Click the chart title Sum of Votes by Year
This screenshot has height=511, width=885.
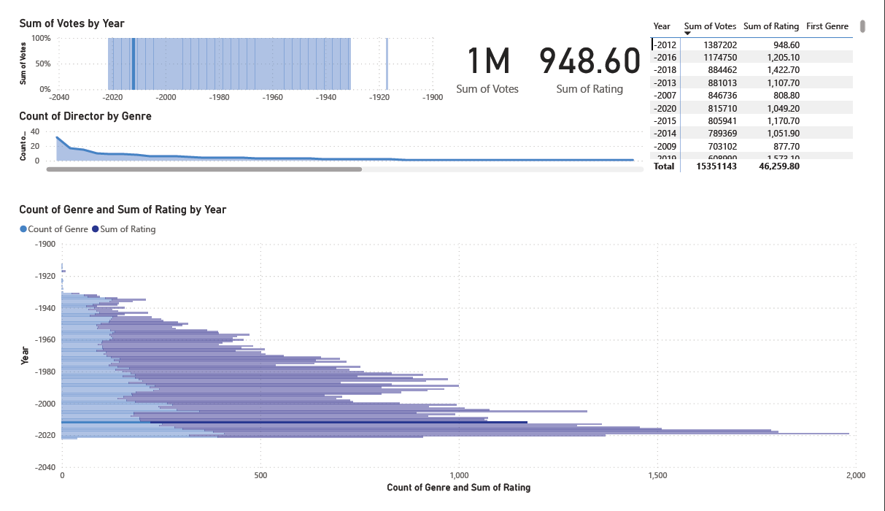tap(72, 23)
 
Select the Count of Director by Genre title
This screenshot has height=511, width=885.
tap(85, 116)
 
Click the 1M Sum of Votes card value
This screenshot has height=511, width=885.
tap(487, 61)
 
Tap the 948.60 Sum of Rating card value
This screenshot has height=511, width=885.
tap(590, 61)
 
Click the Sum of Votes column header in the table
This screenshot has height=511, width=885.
tap(710, 26)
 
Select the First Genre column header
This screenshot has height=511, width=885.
tap(827, 26)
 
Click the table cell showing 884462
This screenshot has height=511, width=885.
tap(719, 69)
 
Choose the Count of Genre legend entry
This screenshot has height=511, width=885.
tap(55, 229)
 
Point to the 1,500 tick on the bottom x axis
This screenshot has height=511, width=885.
tap(657, 476)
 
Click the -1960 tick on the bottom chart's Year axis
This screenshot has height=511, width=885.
tap(45, 339)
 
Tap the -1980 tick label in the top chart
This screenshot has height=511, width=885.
tap(220, 97)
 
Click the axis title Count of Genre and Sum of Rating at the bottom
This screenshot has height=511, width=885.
tap(458, 488)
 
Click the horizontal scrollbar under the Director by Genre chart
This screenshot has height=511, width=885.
tap(204, 169)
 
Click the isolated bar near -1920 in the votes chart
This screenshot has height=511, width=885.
tap(387, 64)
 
